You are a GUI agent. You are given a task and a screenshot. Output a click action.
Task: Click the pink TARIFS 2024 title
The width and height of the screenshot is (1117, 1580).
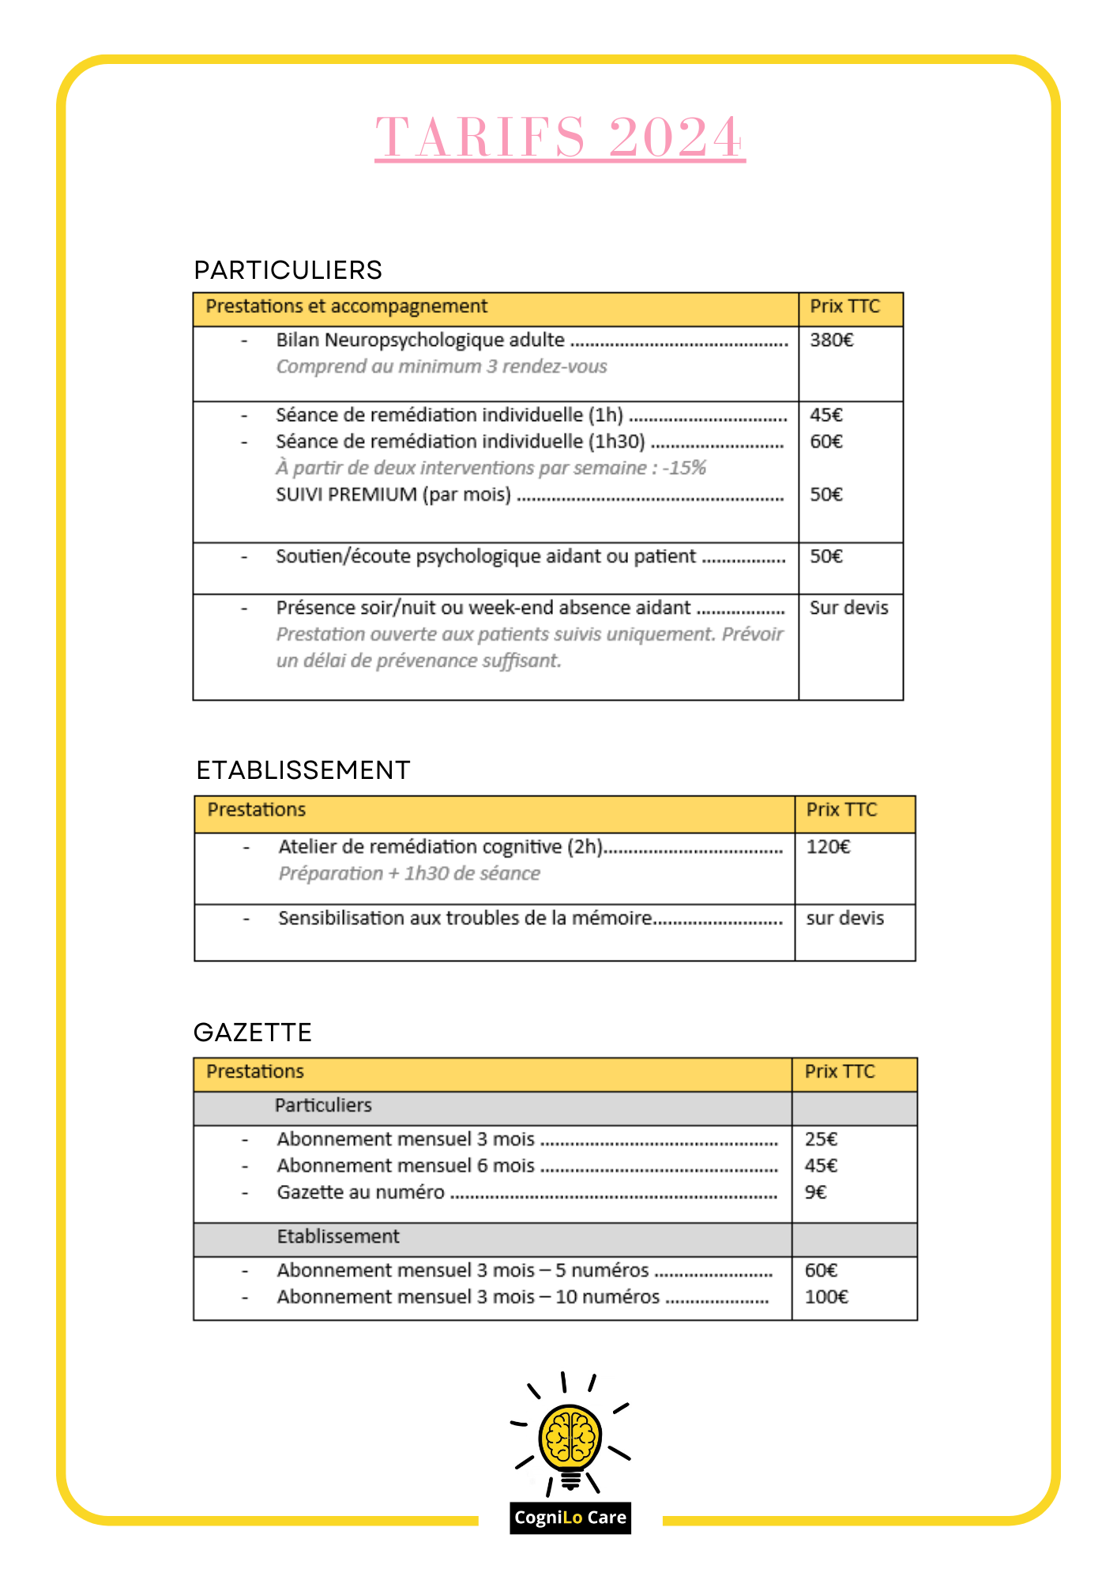[x=559, y=137]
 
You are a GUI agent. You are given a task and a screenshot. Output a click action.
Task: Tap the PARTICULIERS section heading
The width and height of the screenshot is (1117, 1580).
[x=288, y=270]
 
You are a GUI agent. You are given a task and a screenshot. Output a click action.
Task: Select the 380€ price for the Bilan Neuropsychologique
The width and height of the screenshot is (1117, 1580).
[x=831, y=340]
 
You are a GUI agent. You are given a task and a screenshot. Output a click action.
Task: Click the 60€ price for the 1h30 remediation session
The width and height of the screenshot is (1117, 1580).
[x=826, y=442]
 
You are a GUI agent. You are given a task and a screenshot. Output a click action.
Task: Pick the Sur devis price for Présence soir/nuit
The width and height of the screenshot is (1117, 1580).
[x=848, y=608]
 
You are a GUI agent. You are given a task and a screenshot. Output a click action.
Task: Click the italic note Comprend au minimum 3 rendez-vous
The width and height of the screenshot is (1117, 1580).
[x=441, y=367]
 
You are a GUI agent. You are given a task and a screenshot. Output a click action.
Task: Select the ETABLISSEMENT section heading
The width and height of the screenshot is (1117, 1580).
[x=303, y=770]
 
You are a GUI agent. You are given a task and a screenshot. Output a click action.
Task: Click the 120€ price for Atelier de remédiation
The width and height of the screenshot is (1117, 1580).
[x=828, y=847]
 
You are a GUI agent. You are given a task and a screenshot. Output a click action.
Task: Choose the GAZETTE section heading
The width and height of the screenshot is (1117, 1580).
[x=253, y=1033]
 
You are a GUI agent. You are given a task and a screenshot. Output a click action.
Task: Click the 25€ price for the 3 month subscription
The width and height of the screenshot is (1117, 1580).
[x=821, y=1139]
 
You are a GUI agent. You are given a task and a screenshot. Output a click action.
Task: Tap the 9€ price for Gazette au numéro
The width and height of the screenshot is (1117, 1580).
[x=815, y=1192]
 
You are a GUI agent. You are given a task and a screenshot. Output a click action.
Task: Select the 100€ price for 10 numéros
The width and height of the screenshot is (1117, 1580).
[x=826, y=1297]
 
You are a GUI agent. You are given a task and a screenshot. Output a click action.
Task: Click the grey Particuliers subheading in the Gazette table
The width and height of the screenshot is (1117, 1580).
[x=323, y=1105]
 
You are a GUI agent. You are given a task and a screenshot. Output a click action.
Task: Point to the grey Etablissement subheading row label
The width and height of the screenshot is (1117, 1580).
[x=338, y=1236]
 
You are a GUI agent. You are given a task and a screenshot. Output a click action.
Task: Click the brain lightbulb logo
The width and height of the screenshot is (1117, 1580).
[x=570, y=1435]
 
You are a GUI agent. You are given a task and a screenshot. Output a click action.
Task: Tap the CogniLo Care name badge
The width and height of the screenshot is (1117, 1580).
[x=570, y=1518]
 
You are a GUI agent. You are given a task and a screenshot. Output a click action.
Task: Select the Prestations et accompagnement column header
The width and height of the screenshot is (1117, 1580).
[x=346, y=307]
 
